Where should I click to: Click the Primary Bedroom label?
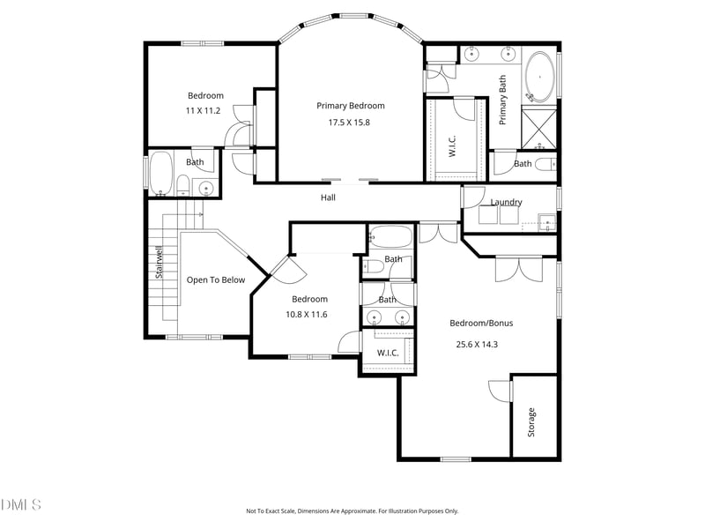(351, 106)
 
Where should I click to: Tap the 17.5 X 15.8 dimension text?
(351, 123)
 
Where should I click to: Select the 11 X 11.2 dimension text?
(204, 110)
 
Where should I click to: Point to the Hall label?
(328, 197)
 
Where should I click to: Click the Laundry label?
(506, 202)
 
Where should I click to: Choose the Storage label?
(531, 422)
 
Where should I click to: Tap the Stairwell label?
(160, 262)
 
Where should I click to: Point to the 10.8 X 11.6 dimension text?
(307, 314)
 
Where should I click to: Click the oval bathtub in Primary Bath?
(539, 78)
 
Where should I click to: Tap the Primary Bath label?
(503, 100)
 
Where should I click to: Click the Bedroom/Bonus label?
(481, 323)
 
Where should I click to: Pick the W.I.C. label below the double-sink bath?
(388, 353)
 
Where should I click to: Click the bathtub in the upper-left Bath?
(161, 175)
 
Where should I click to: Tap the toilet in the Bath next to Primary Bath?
(546, 163)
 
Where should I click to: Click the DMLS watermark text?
(20, 504)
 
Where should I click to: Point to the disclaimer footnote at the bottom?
(352, 510)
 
